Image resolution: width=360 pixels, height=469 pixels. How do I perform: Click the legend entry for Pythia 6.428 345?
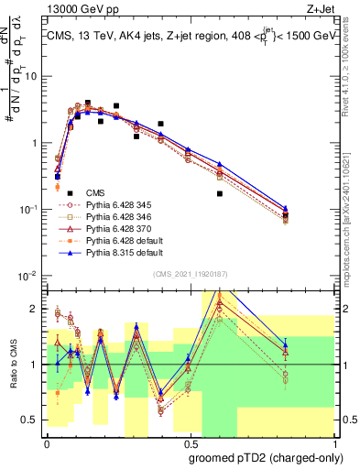(116, 204)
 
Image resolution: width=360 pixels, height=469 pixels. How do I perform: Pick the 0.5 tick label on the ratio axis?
(32, 420)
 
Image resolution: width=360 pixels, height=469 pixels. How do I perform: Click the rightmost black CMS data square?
(286, 216)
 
